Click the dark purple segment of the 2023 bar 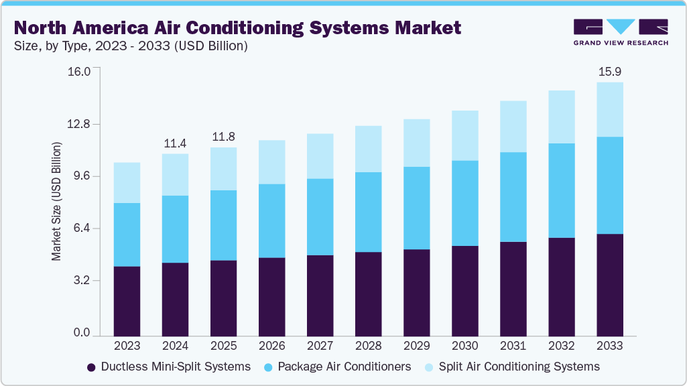point(127,301)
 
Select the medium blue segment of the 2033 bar point(609,185)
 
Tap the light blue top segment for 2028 point(368,149)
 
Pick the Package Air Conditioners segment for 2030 point(464,203)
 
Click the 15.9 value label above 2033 point(609,71)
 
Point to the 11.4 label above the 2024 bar point(175,143)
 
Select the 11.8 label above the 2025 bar point(223,137)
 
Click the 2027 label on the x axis point(320,346)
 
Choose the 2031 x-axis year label point(513,346)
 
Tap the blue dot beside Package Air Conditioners point(268,367)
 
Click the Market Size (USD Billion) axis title point(57,201)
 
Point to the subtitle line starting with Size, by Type point(131,46)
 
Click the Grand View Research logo point(621,32)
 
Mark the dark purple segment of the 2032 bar point(561,287)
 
